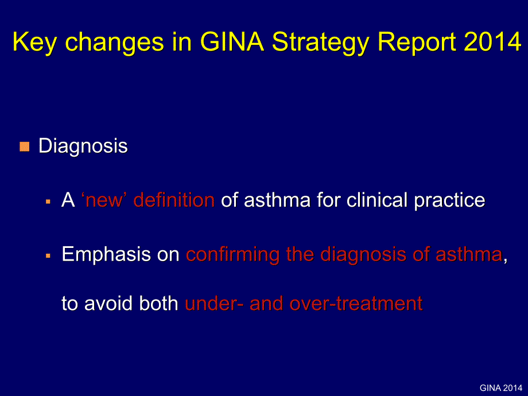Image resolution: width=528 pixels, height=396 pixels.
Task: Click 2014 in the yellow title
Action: [x=493, y=41]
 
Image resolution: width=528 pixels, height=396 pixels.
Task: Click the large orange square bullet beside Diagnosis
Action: [x=24, y=146]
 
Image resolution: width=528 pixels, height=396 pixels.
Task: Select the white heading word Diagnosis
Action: [x=83, y=146]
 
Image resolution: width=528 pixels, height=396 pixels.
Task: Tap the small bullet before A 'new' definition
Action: [x=48, y=202]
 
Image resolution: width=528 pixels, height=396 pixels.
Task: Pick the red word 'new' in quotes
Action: [x=104, y=200]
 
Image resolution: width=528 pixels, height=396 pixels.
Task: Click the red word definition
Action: [x=174, y=200]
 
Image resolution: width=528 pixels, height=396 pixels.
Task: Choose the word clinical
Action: [x=377, y=200]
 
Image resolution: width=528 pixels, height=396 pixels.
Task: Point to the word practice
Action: [x=449, y=201]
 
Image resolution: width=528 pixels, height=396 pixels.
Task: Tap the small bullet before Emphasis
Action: [x=48, y=256]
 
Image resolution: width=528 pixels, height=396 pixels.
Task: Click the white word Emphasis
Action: [x=106, y=254]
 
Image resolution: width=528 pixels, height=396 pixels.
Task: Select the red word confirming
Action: [x=232, y=254]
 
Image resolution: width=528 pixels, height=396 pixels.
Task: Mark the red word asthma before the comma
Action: [x=469, y=254]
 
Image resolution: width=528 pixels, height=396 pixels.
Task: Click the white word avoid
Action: [x=108, y=303]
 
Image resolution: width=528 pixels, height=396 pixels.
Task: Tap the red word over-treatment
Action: [x=356, y=303]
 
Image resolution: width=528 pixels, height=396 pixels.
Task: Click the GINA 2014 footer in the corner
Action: [x=501, y=388]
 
